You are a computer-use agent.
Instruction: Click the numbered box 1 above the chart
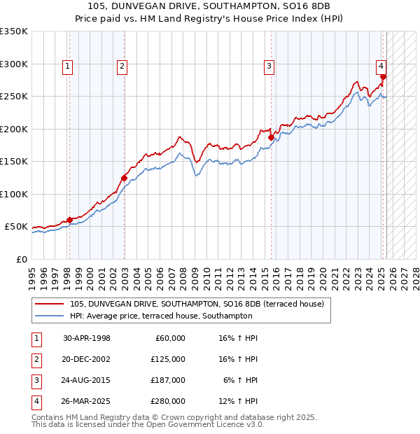[68, 66]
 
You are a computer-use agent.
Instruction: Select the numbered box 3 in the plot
[269, 66]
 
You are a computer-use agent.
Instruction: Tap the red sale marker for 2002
[124, 177]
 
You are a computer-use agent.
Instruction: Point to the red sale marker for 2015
[271, 137]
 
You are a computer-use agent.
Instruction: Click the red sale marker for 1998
[69, 220]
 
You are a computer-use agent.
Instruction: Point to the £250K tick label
[14, 97]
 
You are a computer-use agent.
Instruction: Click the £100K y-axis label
[14, 194]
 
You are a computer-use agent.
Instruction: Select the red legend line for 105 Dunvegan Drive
[48, 304]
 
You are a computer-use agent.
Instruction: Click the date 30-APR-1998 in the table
[87, 338]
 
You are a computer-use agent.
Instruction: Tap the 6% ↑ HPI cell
[241, 380]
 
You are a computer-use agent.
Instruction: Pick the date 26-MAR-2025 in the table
[87, 401]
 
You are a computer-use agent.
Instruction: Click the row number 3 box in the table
[36, 380]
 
